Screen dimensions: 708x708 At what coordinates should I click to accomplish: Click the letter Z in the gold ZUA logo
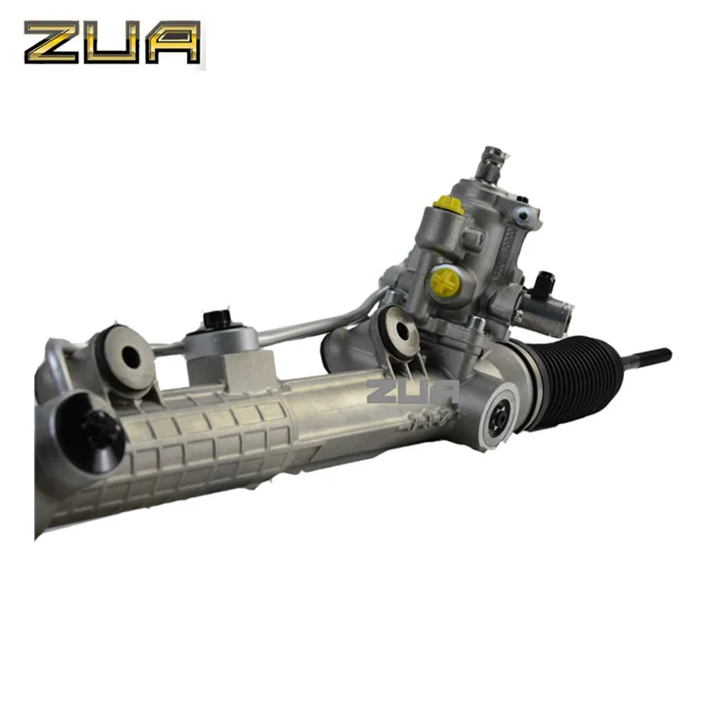[x=52, y=43]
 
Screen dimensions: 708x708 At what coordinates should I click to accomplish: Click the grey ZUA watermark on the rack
[x=413, y=390]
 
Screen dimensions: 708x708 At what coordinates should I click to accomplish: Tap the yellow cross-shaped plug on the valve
[x=444, y=279]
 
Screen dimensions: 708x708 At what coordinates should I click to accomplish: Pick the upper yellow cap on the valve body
[x=445, y=204]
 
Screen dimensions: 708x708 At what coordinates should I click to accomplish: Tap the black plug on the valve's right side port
[x=546, y=280]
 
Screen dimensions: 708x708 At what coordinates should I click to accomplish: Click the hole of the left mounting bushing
[x=130, y=358]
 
